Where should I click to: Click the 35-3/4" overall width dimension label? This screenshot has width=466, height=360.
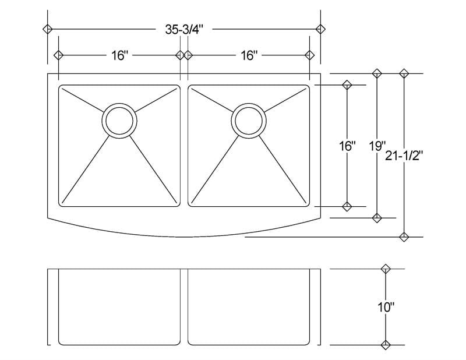[184, 30]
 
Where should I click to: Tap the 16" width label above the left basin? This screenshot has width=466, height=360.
[119, 55]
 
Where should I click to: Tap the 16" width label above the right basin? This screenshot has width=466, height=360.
[249, 55]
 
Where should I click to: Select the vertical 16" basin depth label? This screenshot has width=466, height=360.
[347, 146]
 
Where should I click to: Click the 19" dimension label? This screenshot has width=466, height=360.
[377, 146]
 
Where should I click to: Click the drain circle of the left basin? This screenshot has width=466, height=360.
[119, 121]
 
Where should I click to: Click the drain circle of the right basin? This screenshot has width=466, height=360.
[249, 121]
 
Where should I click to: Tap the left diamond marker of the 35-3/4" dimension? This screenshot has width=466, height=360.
[48, 29]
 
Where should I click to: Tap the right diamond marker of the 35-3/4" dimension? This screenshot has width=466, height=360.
[320, 29]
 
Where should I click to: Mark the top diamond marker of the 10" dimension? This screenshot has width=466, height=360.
[384, 269]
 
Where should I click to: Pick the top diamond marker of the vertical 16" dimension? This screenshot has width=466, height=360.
[347, 85]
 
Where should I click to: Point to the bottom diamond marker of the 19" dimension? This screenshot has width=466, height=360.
[377, 218]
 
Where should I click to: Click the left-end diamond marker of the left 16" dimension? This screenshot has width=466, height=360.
[58, 55]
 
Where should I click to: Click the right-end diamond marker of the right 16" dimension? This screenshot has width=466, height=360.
[310, 55]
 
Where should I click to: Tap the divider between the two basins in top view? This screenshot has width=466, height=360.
[184, 146]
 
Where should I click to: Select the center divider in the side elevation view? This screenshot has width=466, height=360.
[184, 306]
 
